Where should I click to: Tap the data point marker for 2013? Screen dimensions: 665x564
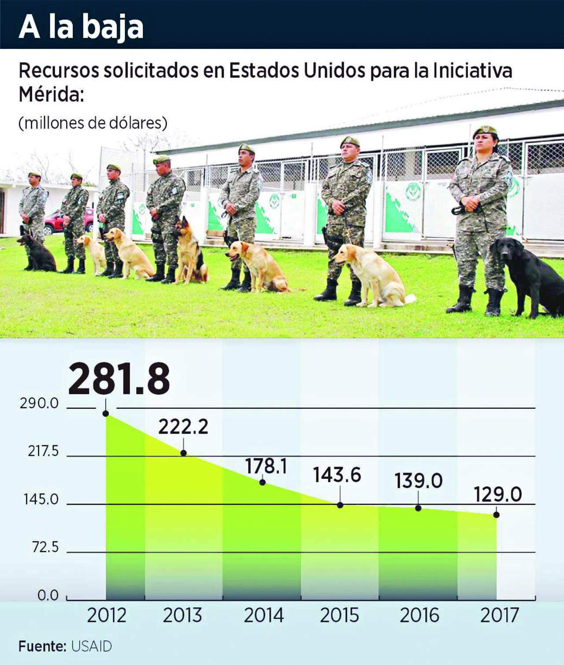(183, 453)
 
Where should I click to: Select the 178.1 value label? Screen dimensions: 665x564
(266, 466)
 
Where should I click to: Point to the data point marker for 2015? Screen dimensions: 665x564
(340, 505)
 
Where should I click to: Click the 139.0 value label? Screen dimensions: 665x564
(418, 481)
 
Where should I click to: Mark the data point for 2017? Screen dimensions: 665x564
(497, 514)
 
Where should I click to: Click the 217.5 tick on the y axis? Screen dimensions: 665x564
(43, 451)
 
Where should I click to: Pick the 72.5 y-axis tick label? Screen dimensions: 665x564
(45, 547)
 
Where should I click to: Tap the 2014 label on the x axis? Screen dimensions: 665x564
(264, 615)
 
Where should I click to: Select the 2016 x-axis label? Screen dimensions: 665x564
(419, 615)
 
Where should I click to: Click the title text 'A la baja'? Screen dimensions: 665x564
(81, 27)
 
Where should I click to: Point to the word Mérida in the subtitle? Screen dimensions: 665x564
(51, 95)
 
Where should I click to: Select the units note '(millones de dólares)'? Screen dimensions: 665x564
(93, 123)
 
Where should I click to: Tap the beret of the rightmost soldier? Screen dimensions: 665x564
(485, 131)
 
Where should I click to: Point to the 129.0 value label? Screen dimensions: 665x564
(497, 495)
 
